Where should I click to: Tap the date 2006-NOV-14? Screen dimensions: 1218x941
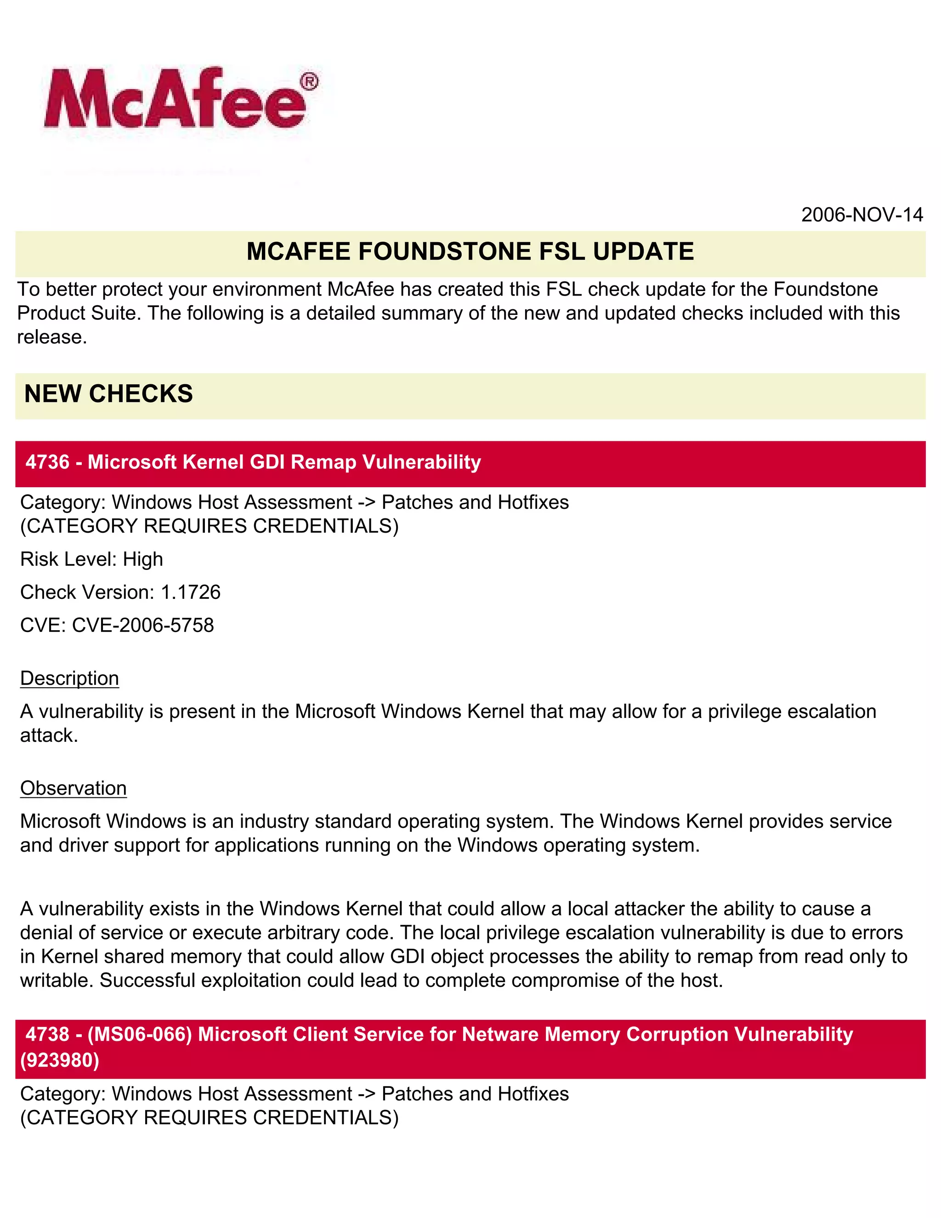coord(862,215)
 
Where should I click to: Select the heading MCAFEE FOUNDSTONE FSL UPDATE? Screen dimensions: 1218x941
coord(470,251)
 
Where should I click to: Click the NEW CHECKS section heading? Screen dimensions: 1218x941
coord(109,394)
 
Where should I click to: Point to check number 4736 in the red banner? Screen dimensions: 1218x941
coord(47,462)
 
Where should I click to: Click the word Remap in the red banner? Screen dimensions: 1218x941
coord(323,462)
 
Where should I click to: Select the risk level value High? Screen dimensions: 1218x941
coord(143,559)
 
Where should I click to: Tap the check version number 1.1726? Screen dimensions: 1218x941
coord(191,592)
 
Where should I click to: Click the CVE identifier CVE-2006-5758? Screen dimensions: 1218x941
coord(143,625)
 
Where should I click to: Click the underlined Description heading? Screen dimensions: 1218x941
coord(70,678)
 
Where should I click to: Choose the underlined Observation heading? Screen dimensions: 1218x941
coord(74,788)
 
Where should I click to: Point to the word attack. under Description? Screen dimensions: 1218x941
coord(49,735)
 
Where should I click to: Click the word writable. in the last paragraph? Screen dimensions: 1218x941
coord(57,980)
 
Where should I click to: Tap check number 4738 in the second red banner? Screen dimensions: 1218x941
coord(47,1034)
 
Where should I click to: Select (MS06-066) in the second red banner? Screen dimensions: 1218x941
coord(139,1034)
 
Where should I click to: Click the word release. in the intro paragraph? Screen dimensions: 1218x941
coord(52,337)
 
